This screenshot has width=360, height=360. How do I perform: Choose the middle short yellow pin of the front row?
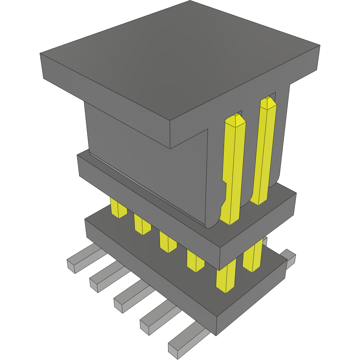(x=168, y=242)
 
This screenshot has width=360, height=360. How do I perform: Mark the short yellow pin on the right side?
(x=253, y=257)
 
